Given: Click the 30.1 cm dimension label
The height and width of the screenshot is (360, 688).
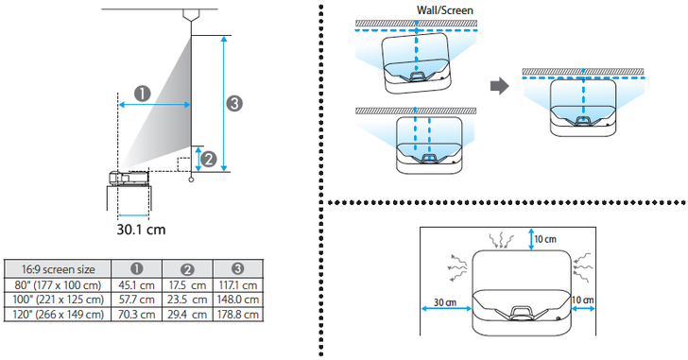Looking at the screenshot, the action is click(x=141, y=230).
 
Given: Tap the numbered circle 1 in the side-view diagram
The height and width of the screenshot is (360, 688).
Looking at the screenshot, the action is click(x=142, y=94).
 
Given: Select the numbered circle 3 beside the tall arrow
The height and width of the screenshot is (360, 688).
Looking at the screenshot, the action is click(x=234, y=104).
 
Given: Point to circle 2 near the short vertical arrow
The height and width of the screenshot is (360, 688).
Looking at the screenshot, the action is click(x=209, y=159).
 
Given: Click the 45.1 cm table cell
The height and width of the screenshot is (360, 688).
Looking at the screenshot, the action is click(x=136, y=285).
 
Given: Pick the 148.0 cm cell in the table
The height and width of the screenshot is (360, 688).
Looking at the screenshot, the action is click(x=238, y=300).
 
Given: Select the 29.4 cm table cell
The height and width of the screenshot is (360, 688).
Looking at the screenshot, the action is click(x=187, y=314).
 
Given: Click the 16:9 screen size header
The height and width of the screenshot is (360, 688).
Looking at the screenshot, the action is click(x=59, y=268).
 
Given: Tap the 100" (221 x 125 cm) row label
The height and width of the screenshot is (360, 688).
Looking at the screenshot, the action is click(x=59, y=300).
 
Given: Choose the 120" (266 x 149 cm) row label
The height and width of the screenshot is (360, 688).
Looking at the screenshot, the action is click(x=59, y=314).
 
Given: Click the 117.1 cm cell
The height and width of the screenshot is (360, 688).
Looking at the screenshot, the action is click(x=238, y=285).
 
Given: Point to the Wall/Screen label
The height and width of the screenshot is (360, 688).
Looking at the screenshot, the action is click(x=445, y=10).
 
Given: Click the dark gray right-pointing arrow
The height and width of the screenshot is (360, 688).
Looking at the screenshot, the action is click(x=499, y=86).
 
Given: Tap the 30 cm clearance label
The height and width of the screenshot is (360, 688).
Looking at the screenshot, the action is click(x=445, y=302).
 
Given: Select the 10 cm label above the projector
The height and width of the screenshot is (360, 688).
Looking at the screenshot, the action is click(x=545, y=239).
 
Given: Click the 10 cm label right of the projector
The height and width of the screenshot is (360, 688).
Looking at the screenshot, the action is click(x=583, y=300).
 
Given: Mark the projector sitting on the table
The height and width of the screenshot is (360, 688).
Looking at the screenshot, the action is click(x=129, y=178).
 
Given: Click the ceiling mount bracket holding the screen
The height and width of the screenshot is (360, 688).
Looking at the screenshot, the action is click(x=191, y=15).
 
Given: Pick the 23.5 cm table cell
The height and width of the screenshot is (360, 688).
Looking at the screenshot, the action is click(x=187, y=300).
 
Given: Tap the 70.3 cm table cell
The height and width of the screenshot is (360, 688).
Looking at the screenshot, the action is click(x=136, y=314).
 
